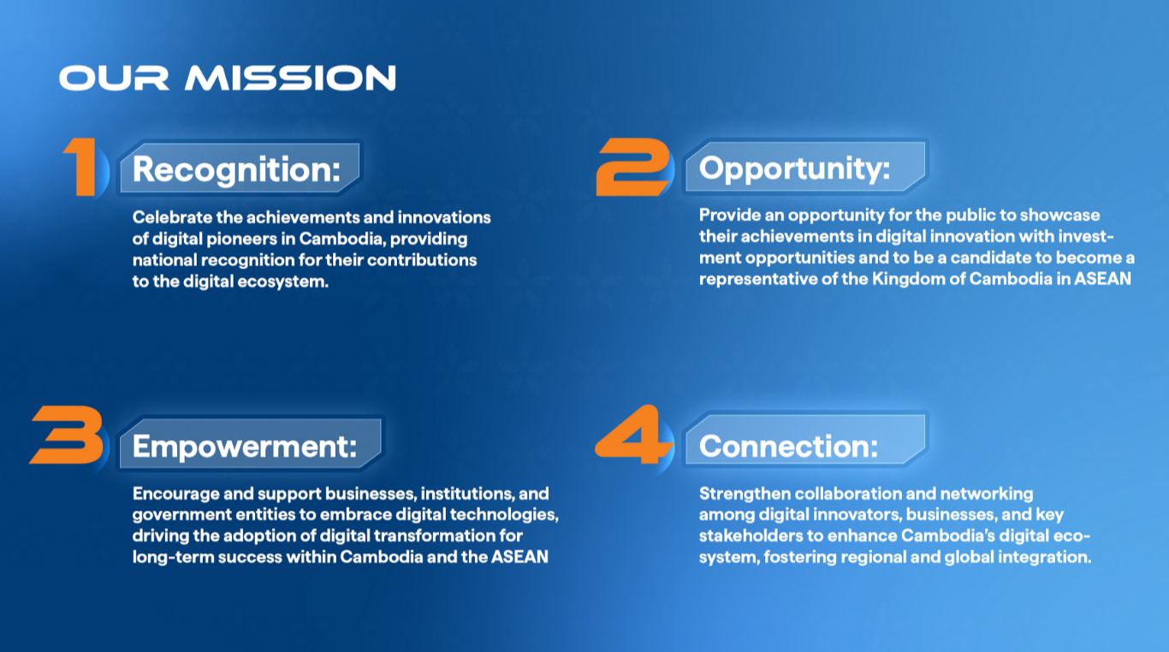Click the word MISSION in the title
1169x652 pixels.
click(290, 78)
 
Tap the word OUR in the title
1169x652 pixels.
click(114, 78)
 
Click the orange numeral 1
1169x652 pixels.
click(81, 167)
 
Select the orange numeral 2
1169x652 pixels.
click(632, 167)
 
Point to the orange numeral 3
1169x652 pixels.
click(67, 435)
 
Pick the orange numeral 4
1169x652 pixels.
click(633, 434)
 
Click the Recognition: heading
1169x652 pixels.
click(236, 170)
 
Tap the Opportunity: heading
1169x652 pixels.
click(794, 169)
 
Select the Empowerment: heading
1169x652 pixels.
click(245, 447)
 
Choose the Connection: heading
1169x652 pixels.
click(788, 447)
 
